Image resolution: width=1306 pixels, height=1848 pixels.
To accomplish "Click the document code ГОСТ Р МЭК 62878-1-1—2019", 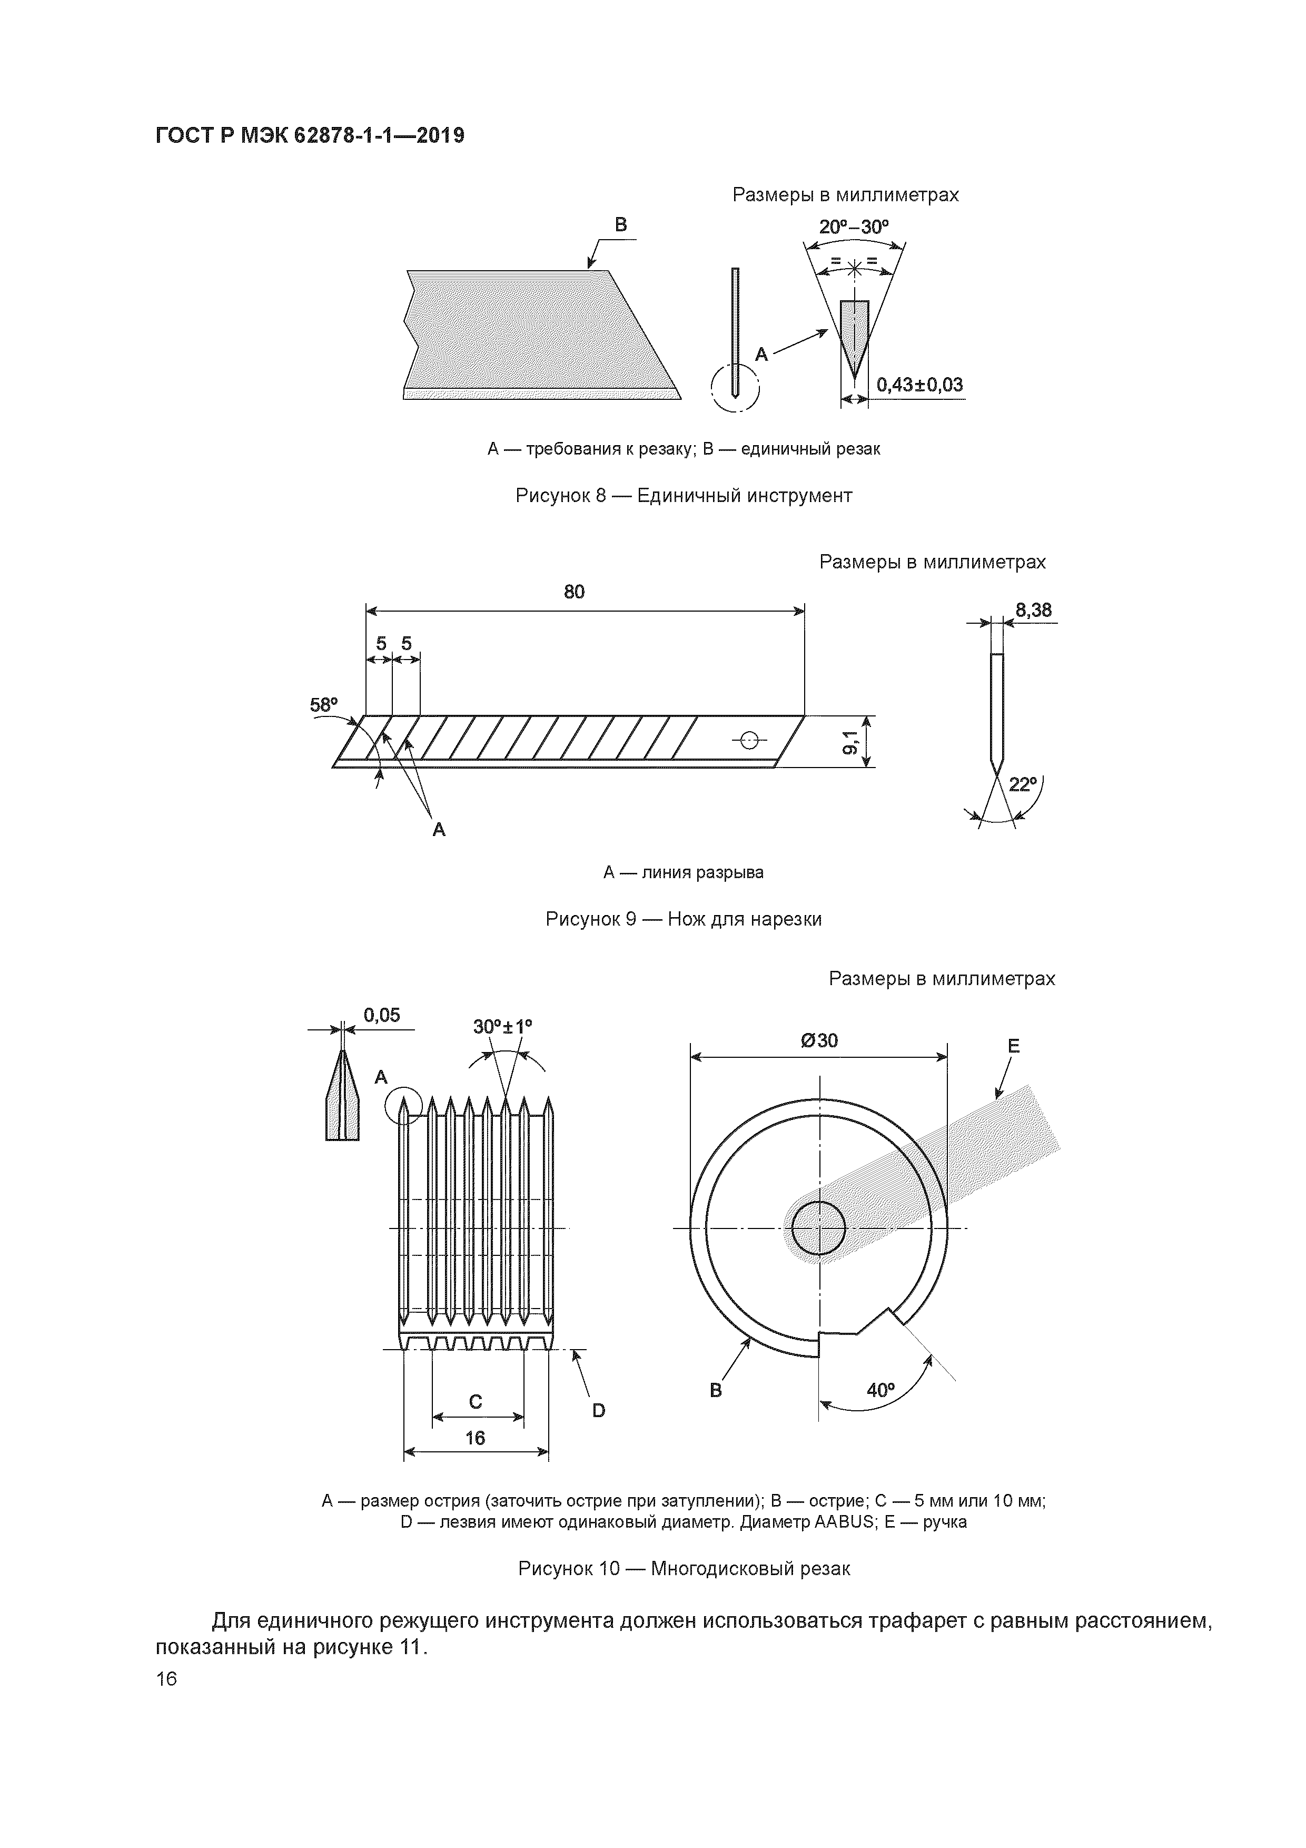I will coord(310,135).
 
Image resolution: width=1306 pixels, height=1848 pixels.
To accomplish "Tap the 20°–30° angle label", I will coord(854,227).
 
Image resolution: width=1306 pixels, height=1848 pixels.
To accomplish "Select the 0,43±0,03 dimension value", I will coord(919,385).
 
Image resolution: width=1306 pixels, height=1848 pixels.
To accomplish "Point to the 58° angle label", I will coord(323,705).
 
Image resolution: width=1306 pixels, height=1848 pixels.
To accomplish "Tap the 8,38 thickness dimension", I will coord(1033,610).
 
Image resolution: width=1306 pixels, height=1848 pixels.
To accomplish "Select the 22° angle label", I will coord(1021,784).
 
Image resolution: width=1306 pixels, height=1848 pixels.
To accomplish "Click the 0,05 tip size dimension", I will coord(381,1016).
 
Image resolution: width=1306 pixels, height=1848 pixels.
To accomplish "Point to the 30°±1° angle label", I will coord(502,1027).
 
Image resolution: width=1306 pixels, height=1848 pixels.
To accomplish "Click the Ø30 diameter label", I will coord(819,1041).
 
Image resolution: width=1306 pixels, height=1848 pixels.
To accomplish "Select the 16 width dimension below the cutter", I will coord(475,1438).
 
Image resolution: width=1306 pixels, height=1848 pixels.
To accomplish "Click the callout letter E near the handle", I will coord(1013,1046).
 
